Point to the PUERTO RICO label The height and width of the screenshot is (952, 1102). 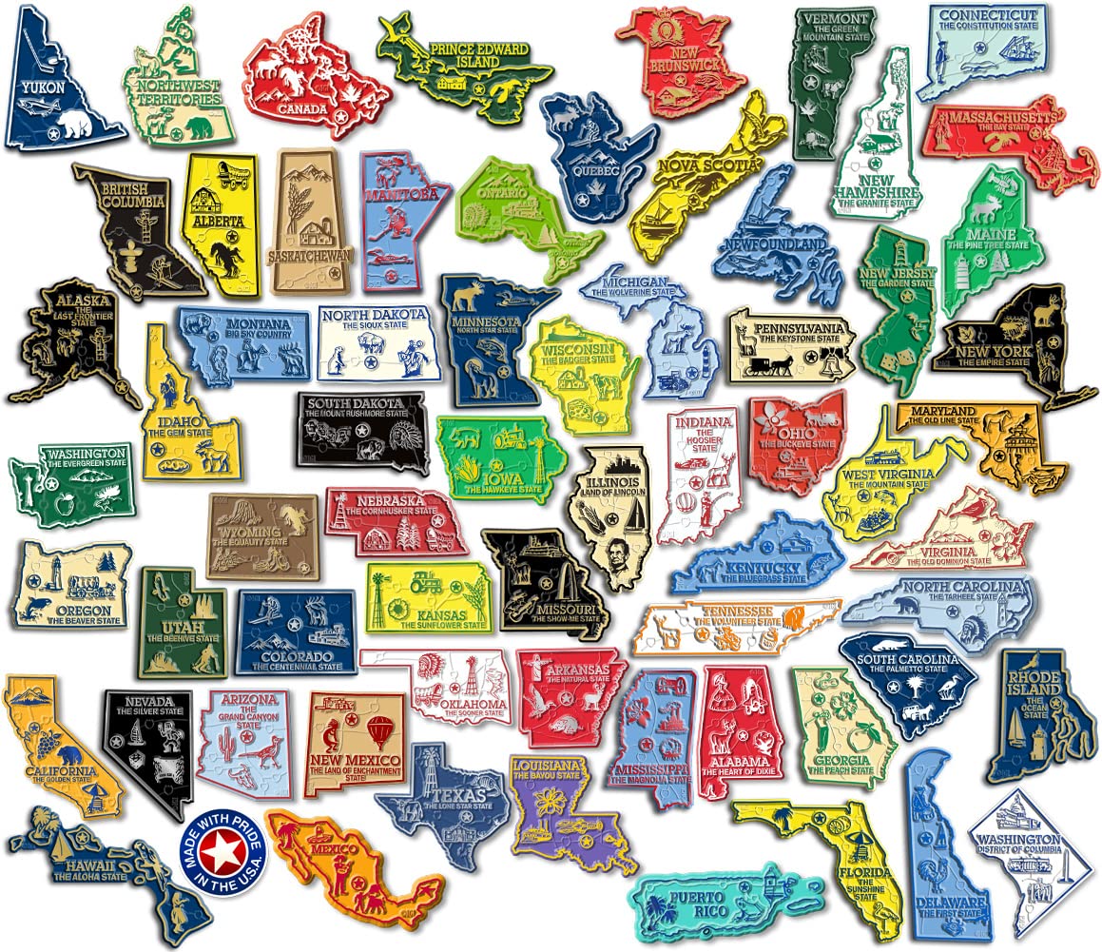[694, 903]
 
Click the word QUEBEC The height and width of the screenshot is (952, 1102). [597, 170]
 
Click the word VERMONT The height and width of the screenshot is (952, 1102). [833, 18]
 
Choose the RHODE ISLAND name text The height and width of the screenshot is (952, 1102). [1034, 682]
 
